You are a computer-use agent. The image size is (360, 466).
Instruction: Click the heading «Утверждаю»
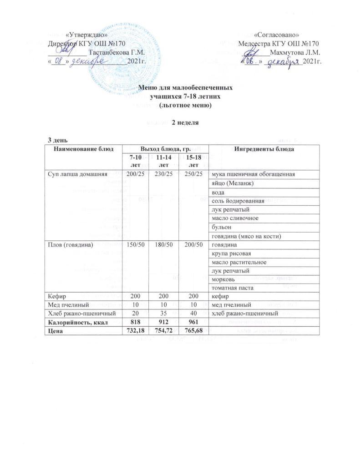pos(87,35)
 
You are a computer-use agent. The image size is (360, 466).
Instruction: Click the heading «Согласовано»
pos(276,35)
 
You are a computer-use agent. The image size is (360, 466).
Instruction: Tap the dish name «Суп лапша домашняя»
pos(77,174)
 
